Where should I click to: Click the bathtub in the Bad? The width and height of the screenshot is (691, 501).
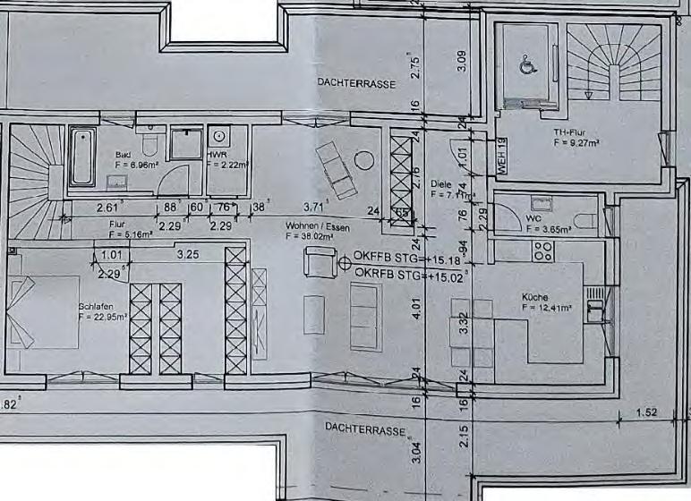click(x=81, y=157)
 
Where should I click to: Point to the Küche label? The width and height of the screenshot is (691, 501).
click(x=535, y=297)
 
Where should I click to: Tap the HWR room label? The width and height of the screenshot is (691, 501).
click(x=217, y=155)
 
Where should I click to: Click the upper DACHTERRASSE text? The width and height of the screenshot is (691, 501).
click(x=356, y=82)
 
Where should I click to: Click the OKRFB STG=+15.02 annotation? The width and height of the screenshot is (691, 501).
click(x=405, y=276)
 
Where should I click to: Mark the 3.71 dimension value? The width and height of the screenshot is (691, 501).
click(x=313, y=207)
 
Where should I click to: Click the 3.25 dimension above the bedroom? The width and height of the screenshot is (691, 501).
click(x=187, y=255)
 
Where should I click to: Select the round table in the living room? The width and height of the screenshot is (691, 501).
click(x=363, y=161)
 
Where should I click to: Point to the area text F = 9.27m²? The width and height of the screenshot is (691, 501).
click(x=576, y=141)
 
